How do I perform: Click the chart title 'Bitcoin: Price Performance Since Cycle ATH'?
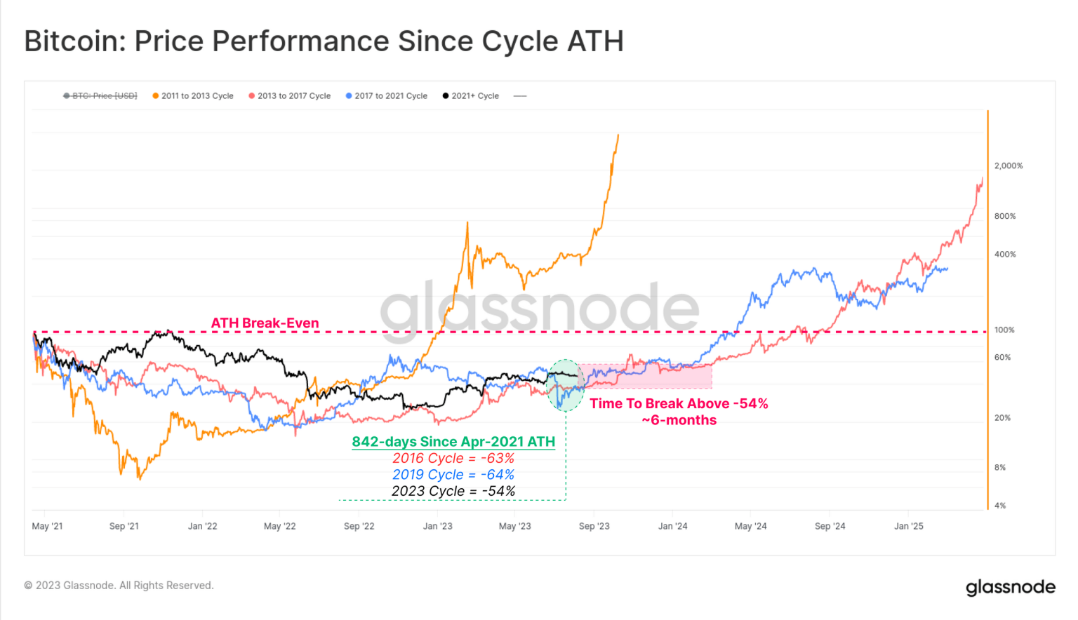(x=324, y=41)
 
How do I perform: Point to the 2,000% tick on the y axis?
(x=1008, y=166)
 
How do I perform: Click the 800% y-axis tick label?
(x=1004, y=217)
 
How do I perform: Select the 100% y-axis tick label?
(x=1004, y=330)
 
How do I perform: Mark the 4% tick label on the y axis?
(x=999, y=506)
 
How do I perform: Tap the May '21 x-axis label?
(x=47, y=527)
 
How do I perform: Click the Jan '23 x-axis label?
(x=437, y=527)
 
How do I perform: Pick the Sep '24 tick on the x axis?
(x=830, y=527)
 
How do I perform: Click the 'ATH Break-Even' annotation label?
(x=265, y=323)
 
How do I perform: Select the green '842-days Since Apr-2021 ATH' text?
(x=453, y=442)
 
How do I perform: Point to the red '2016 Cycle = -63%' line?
(x=453, y=459)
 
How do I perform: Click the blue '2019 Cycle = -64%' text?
(x=453, y=475)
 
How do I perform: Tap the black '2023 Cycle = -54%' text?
(x=453, y=492)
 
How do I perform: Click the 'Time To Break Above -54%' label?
(x=679, y=404)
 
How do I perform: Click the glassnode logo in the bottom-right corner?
(x=1010, y=587)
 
